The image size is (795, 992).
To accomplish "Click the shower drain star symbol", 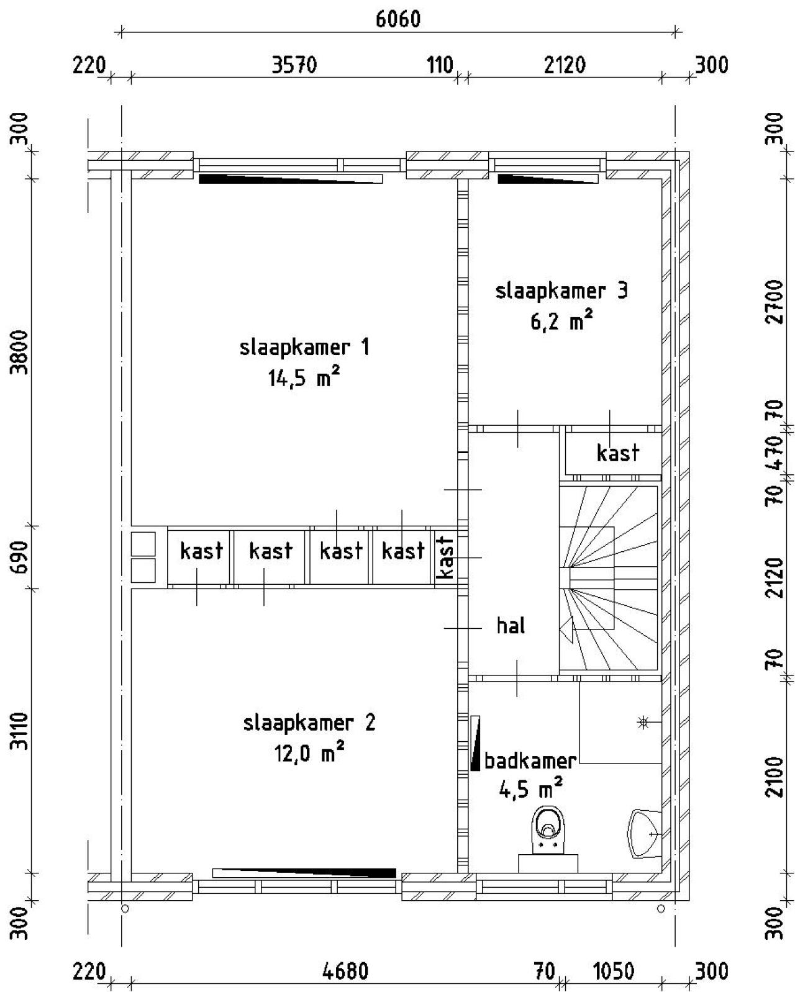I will [x=643, y=722].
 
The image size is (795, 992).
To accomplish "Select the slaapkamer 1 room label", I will [x=304, y=347].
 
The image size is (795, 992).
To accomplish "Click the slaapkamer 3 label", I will [x=561, y=291].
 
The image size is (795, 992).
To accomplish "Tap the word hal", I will [x=511, y=626].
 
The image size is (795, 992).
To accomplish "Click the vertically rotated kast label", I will [x=445, y=557].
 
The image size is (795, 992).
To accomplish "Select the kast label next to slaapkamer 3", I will [x=617, y=453].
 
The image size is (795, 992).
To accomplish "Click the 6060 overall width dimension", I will [x=397, y=19].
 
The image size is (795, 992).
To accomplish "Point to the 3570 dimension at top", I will [x=294, y=65].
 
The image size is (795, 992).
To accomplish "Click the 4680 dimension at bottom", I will [x=346, y=971].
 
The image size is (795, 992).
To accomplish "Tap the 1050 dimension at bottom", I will [x=613, y=971].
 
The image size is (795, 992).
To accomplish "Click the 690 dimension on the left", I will [x=21, y=557].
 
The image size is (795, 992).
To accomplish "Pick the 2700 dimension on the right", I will [x=774, y=302].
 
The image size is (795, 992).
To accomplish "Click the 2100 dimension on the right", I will [x=774, y=777].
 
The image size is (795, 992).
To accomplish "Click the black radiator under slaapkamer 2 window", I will [x=304, y=873].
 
